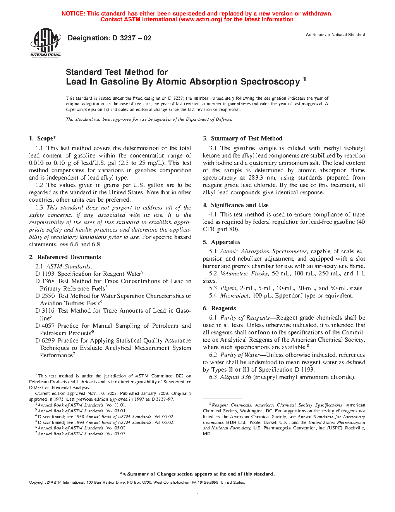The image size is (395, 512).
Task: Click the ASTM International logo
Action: coord(45,43)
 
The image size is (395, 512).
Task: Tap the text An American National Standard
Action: coord(335,35)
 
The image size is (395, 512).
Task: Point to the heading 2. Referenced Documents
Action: coord(65,257)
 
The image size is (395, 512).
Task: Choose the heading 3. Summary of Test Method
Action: coord(243,138)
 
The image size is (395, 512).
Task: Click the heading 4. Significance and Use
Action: coord(236,205)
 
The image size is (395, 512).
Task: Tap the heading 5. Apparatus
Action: coord(222,242)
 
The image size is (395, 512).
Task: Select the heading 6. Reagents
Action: coord(220,308)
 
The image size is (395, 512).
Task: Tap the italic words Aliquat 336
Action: coord(235,377)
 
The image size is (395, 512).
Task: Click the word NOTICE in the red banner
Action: coord(73,14)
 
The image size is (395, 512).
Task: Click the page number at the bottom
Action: coord(197,492)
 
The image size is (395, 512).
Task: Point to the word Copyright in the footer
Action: coord(38,483)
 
